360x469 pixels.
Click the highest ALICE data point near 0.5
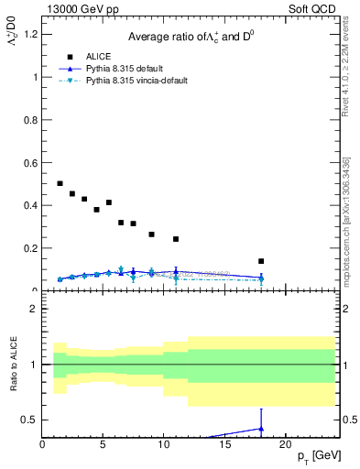click(60, 183)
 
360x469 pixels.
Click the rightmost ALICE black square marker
click(261, 261)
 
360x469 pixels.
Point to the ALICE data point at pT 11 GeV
click(176, 239)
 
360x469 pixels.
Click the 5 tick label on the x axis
click(103, 443)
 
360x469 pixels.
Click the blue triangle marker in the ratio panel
click(261, 428)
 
